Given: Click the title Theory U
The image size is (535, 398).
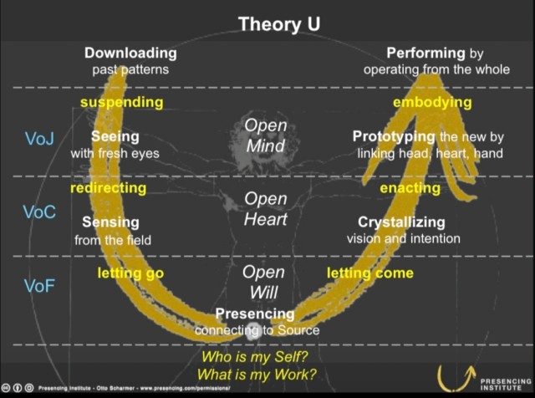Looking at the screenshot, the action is point(279,24).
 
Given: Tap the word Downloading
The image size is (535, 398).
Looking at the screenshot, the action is point(130,53).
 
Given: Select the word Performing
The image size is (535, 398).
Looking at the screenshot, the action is point(425,53).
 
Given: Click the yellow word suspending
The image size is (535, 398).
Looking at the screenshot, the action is point(122,102).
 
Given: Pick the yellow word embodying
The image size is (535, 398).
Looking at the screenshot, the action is point(432,102).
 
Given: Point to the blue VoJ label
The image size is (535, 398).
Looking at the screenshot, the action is point(39,139).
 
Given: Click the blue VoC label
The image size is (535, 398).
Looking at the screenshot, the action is point(39,212).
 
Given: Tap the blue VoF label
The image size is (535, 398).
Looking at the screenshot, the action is point(39,286).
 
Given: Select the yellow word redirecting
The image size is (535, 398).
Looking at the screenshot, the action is point(108,188).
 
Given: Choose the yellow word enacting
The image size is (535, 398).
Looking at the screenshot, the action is point(410,188).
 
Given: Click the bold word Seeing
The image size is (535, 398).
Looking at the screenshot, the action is point(115,137).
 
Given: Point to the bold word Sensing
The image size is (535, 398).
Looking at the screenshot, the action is point(110,222).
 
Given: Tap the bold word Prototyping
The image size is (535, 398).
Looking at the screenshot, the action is point(394,136).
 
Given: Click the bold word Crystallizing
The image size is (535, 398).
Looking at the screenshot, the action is point(401,222).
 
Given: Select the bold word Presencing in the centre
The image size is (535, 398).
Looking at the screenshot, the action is point(255,314).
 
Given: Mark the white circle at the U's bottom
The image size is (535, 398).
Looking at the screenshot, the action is point(253,331).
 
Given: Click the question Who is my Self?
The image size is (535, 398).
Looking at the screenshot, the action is point(254,357).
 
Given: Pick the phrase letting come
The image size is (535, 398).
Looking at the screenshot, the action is point(370,273).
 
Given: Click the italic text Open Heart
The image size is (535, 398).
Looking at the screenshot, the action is point(266,209).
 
